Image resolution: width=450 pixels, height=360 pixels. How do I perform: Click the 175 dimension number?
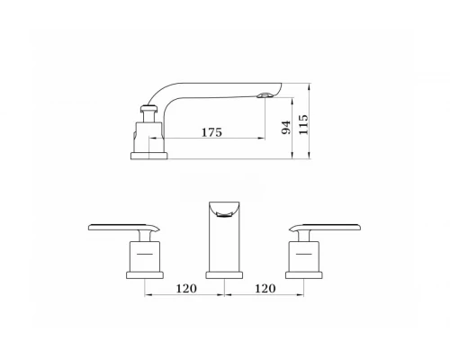point(211,132)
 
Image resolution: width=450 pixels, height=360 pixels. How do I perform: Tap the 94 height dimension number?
point(286,128)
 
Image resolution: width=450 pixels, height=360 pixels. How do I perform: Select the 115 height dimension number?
point(303,124)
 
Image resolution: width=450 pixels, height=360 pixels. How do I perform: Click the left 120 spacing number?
point(186,289)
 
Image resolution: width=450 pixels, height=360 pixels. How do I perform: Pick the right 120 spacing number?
point(265,289)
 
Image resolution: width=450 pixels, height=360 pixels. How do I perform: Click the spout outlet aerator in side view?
point(265,95)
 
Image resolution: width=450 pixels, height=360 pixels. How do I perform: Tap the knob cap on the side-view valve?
point(148,108)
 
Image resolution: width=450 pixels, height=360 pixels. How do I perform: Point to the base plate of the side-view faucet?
point(149,156)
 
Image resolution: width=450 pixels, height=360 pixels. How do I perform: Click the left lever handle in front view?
point(123,227)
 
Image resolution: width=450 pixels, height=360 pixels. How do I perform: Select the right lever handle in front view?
point(325,227)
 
